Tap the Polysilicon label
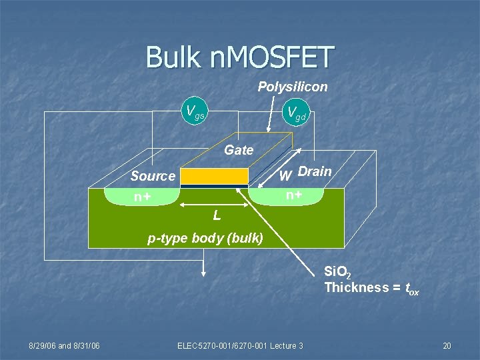click(x=293, y=87)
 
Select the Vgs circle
click(x=195, y=111)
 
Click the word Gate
click(x=239, y=150)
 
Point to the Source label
click(x=153, y=176)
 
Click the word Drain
click(x=315, y=171)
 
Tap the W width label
click(x=285, y=177)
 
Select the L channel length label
click(x=217, y=215)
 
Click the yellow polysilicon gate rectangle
click(x=214, y=176)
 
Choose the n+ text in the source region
click(x=141, y=197)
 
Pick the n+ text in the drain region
click(x=293, y=195)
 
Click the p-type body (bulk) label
click(x=205, y=238)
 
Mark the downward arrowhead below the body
click(x=203, y=271)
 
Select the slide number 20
click(x=447, y=345)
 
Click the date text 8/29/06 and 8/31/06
click(x=64, y=345)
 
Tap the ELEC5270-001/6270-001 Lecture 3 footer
click(x=240, y=345)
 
